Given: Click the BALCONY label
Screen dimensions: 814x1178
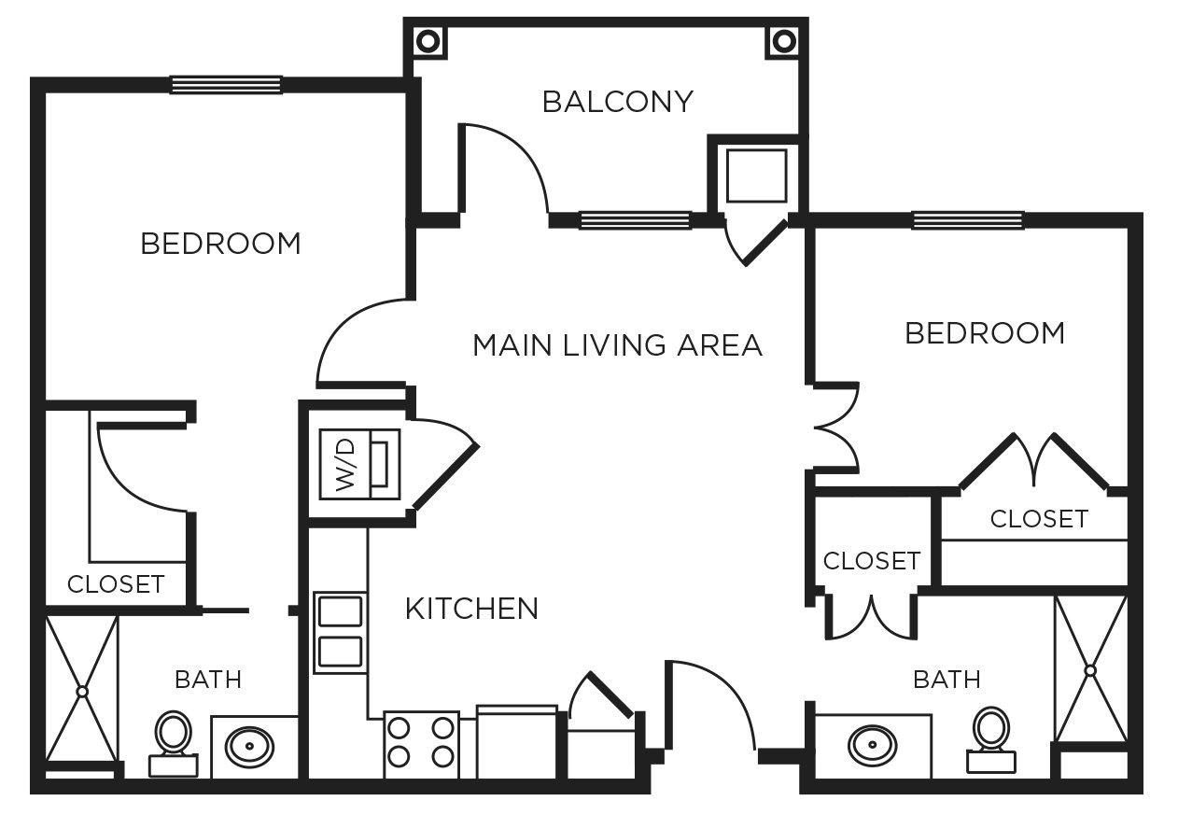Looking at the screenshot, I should click(617, 101).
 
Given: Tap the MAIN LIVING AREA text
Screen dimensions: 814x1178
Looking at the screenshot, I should click(617, 345).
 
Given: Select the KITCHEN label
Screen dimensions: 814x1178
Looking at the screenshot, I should click(471, 609).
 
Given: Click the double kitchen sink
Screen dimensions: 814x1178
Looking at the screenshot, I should click(340, 631).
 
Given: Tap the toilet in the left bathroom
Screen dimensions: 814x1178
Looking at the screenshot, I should click(173, 743).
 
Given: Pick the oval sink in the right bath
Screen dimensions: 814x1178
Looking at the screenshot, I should click(874, 745).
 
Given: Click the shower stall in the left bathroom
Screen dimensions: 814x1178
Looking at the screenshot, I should click(82, 690).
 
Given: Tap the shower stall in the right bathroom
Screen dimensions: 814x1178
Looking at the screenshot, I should click(1090, 668).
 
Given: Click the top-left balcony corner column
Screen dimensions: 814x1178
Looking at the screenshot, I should click(428, 41).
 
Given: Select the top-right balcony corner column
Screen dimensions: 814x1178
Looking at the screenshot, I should click(783, 41).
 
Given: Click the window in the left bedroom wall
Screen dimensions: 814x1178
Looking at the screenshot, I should click(226, 85).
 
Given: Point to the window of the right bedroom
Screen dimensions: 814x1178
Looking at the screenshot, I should click(967, 220).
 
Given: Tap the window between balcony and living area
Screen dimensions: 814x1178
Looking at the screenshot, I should click(635, 220).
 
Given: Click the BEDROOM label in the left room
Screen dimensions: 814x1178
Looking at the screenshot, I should click(221, 244).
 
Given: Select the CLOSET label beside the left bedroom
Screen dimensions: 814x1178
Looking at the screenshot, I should click(116, 584).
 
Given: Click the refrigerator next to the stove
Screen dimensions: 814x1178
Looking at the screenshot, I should click(516, 743).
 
